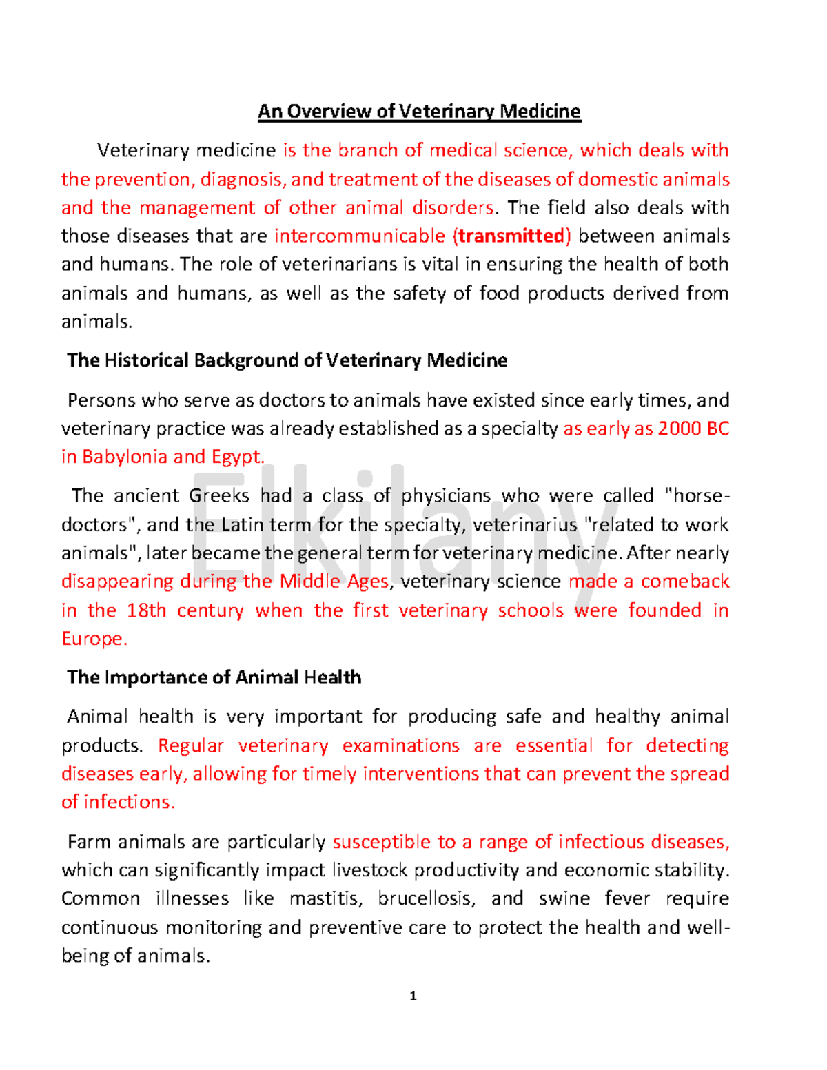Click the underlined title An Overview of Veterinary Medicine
pos(419,112)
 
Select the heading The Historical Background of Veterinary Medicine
pos(287,360)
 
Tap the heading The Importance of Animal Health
pos(214,677)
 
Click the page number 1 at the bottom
pos(413,996)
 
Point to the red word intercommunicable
pos(360,236)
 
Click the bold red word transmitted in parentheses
pos(511,236)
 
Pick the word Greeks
pos(218,496)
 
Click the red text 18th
pos(146,610)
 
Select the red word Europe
pos(93,639)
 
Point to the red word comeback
pos(684,582)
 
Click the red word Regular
pos(191,745)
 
